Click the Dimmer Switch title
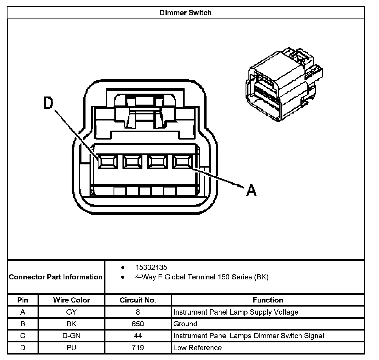(x=185, y=13)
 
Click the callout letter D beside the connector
(x=49, y=103)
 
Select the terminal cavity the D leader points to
(x=107, y=162)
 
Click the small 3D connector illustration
(x=285, y=85)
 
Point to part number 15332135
(x=151, y=267)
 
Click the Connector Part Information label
(x=56, y=277)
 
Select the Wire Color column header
(x=71, y=300)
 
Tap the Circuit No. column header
(x=138, y=300)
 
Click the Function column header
(x=268, y=300)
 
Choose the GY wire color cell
(x=71, y=312)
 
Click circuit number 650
(x=138, y=324)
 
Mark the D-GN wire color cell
(x=71, y=336)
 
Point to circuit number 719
(x=138, y=348)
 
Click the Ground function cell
(x=185, y=324)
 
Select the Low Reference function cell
(x=198, y=348)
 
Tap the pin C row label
(x=23, y=336)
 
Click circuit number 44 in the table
(x=138, y=336)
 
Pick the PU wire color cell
(x=71, y=348)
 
